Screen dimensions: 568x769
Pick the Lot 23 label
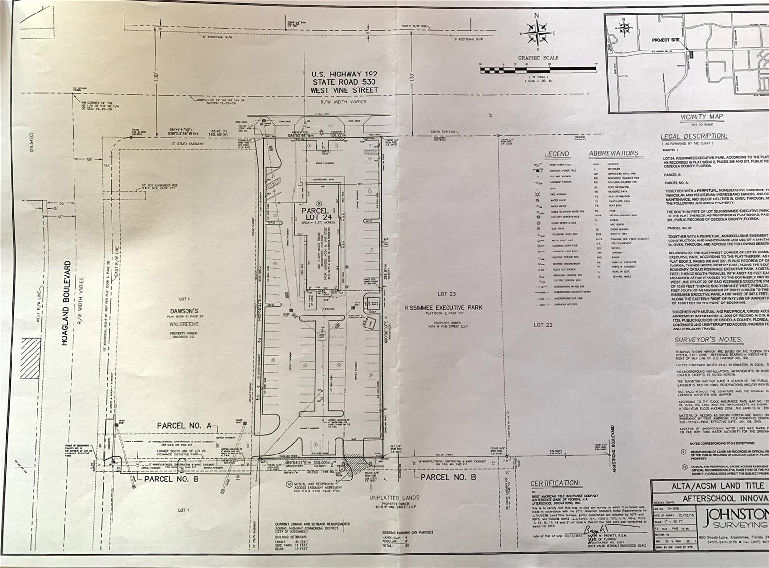click(x=446, y=294)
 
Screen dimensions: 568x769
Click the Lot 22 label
click(x=543, y=325)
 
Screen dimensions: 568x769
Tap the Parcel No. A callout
click(x=184, y=426)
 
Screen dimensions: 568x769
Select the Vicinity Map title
click(x=701, y=117)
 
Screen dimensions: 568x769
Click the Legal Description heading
click(x=694, y=136)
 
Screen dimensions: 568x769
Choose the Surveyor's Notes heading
click(x=708, y=340)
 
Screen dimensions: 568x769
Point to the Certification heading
click(x=555, y=483)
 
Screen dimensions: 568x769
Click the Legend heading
click(x=557, y=154)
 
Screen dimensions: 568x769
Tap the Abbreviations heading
click(x=613, y=153)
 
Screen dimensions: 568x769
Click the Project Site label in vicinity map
click(x=665, y=40)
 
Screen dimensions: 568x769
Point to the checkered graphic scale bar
click(x=537, y=70)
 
